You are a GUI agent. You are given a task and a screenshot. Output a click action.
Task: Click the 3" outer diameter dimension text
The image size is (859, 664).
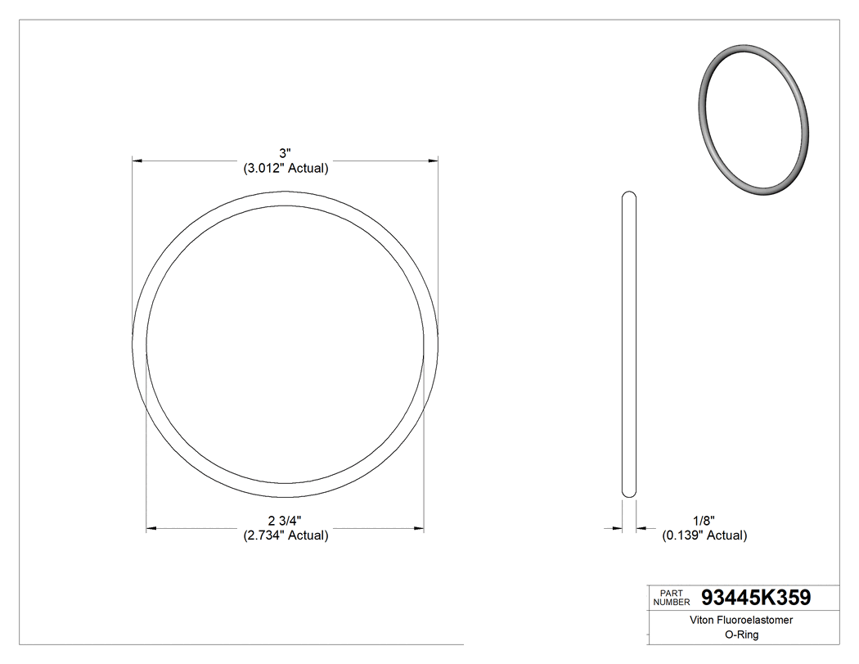286,153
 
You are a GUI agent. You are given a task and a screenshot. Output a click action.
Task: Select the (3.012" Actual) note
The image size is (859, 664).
286,169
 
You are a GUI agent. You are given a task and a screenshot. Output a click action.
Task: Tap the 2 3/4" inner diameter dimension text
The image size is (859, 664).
286,521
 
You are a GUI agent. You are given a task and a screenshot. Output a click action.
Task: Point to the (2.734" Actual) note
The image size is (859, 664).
286,535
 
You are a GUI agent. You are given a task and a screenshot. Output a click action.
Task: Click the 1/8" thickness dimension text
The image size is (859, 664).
704,521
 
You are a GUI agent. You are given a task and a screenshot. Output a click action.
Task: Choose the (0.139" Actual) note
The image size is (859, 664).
704,535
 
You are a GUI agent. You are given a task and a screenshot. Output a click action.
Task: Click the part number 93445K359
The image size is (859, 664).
756,598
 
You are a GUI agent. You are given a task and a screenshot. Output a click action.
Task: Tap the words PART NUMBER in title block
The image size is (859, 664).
673,597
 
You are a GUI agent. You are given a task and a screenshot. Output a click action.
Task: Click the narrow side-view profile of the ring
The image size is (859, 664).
630,344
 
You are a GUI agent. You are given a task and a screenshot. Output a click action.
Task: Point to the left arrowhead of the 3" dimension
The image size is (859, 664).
138,161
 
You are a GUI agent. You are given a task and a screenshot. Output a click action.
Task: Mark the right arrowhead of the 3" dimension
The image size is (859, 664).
432,161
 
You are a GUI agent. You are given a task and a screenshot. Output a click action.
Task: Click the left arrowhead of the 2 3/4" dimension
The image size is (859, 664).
152,529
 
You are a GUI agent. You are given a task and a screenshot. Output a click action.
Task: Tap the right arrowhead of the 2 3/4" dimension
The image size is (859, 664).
418,529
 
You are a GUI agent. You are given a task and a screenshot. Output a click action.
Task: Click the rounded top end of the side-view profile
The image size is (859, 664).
630,196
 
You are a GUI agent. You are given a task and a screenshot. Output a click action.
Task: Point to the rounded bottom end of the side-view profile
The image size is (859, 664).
630,492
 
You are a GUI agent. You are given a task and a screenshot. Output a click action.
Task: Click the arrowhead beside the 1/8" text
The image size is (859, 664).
643,529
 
